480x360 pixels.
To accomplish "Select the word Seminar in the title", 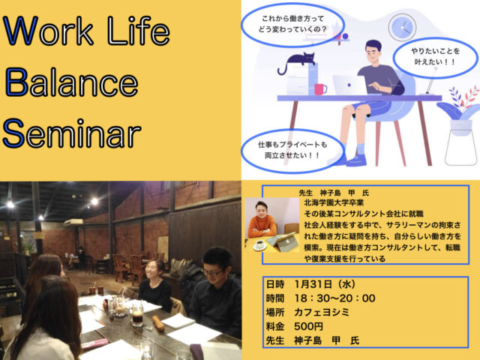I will (x=72, y=133).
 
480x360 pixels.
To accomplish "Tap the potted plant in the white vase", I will (x=458, y=124).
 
